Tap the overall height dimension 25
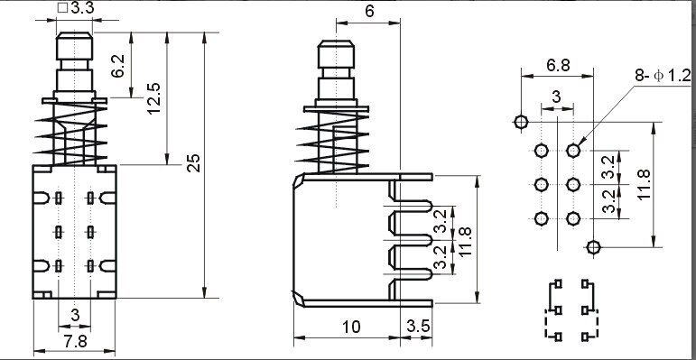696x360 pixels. (x=192, y=162)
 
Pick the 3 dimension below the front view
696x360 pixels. (x=75, y=313)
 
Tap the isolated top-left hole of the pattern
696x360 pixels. (x=521, y=122)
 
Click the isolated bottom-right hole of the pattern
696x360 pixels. (x=593, y=247)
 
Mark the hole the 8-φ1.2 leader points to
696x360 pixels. (x=573, y=151)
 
